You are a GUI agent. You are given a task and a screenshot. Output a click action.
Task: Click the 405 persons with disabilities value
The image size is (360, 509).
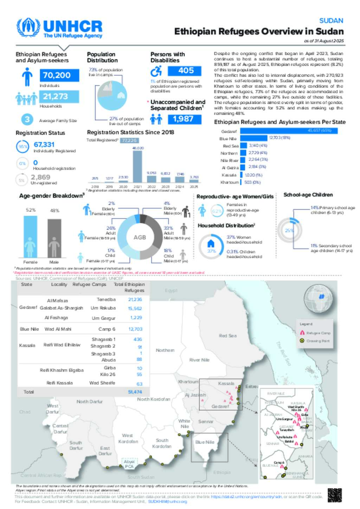pos(185,71)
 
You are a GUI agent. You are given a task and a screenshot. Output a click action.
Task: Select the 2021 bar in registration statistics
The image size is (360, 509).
pos(137,166)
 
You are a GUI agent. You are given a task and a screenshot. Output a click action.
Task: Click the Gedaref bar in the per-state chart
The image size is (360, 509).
pos(288,131)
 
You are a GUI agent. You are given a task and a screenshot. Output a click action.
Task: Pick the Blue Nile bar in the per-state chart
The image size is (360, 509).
pos(253,138)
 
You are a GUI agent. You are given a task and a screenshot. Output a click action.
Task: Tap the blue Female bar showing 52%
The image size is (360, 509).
pos(30,236)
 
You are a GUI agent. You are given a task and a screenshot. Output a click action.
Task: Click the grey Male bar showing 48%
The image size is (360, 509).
pos(54,238)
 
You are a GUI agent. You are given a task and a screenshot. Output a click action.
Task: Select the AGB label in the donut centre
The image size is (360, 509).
pos(140,237)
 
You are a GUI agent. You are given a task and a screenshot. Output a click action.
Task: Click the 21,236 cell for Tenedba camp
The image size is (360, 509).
pos(135,300)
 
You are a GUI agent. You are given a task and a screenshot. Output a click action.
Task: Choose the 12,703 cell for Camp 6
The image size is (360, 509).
pos(135,329)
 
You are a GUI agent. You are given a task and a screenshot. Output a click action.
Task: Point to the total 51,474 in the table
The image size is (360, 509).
pos(135,392)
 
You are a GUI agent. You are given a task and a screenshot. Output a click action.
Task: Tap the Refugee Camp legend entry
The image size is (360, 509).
pos(315,333)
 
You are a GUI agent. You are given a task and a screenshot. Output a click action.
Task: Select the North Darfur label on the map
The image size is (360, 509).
pos(90,402)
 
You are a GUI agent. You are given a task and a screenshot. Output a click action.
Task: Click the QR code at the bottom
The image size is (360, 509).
pos(335,495)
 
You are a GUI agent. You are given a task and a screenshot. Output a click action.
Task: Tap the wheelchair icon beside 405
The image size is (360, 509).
pos(156,71)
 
